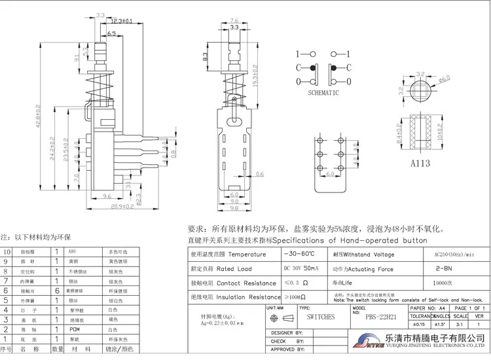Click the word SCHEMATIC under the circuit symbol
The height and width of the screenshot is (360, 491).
coord(323,93)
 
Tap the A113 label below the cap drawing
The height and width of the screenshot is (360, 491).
coord(418,164)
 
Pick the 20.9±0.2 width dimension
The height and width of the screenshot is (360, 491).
coord(122,206)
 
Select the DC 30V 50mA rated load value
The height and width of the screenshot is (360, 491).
coord(301,268)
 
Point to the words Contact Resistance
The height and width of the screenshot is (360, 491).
coord(246,283)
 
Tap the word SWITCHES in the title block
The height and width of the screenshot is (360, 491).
coord(321,317)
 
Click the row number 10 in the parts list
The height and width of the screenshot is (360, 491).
coord(7,251)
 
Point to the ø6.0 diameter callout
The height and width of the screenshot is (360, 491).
coord(445,79)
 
